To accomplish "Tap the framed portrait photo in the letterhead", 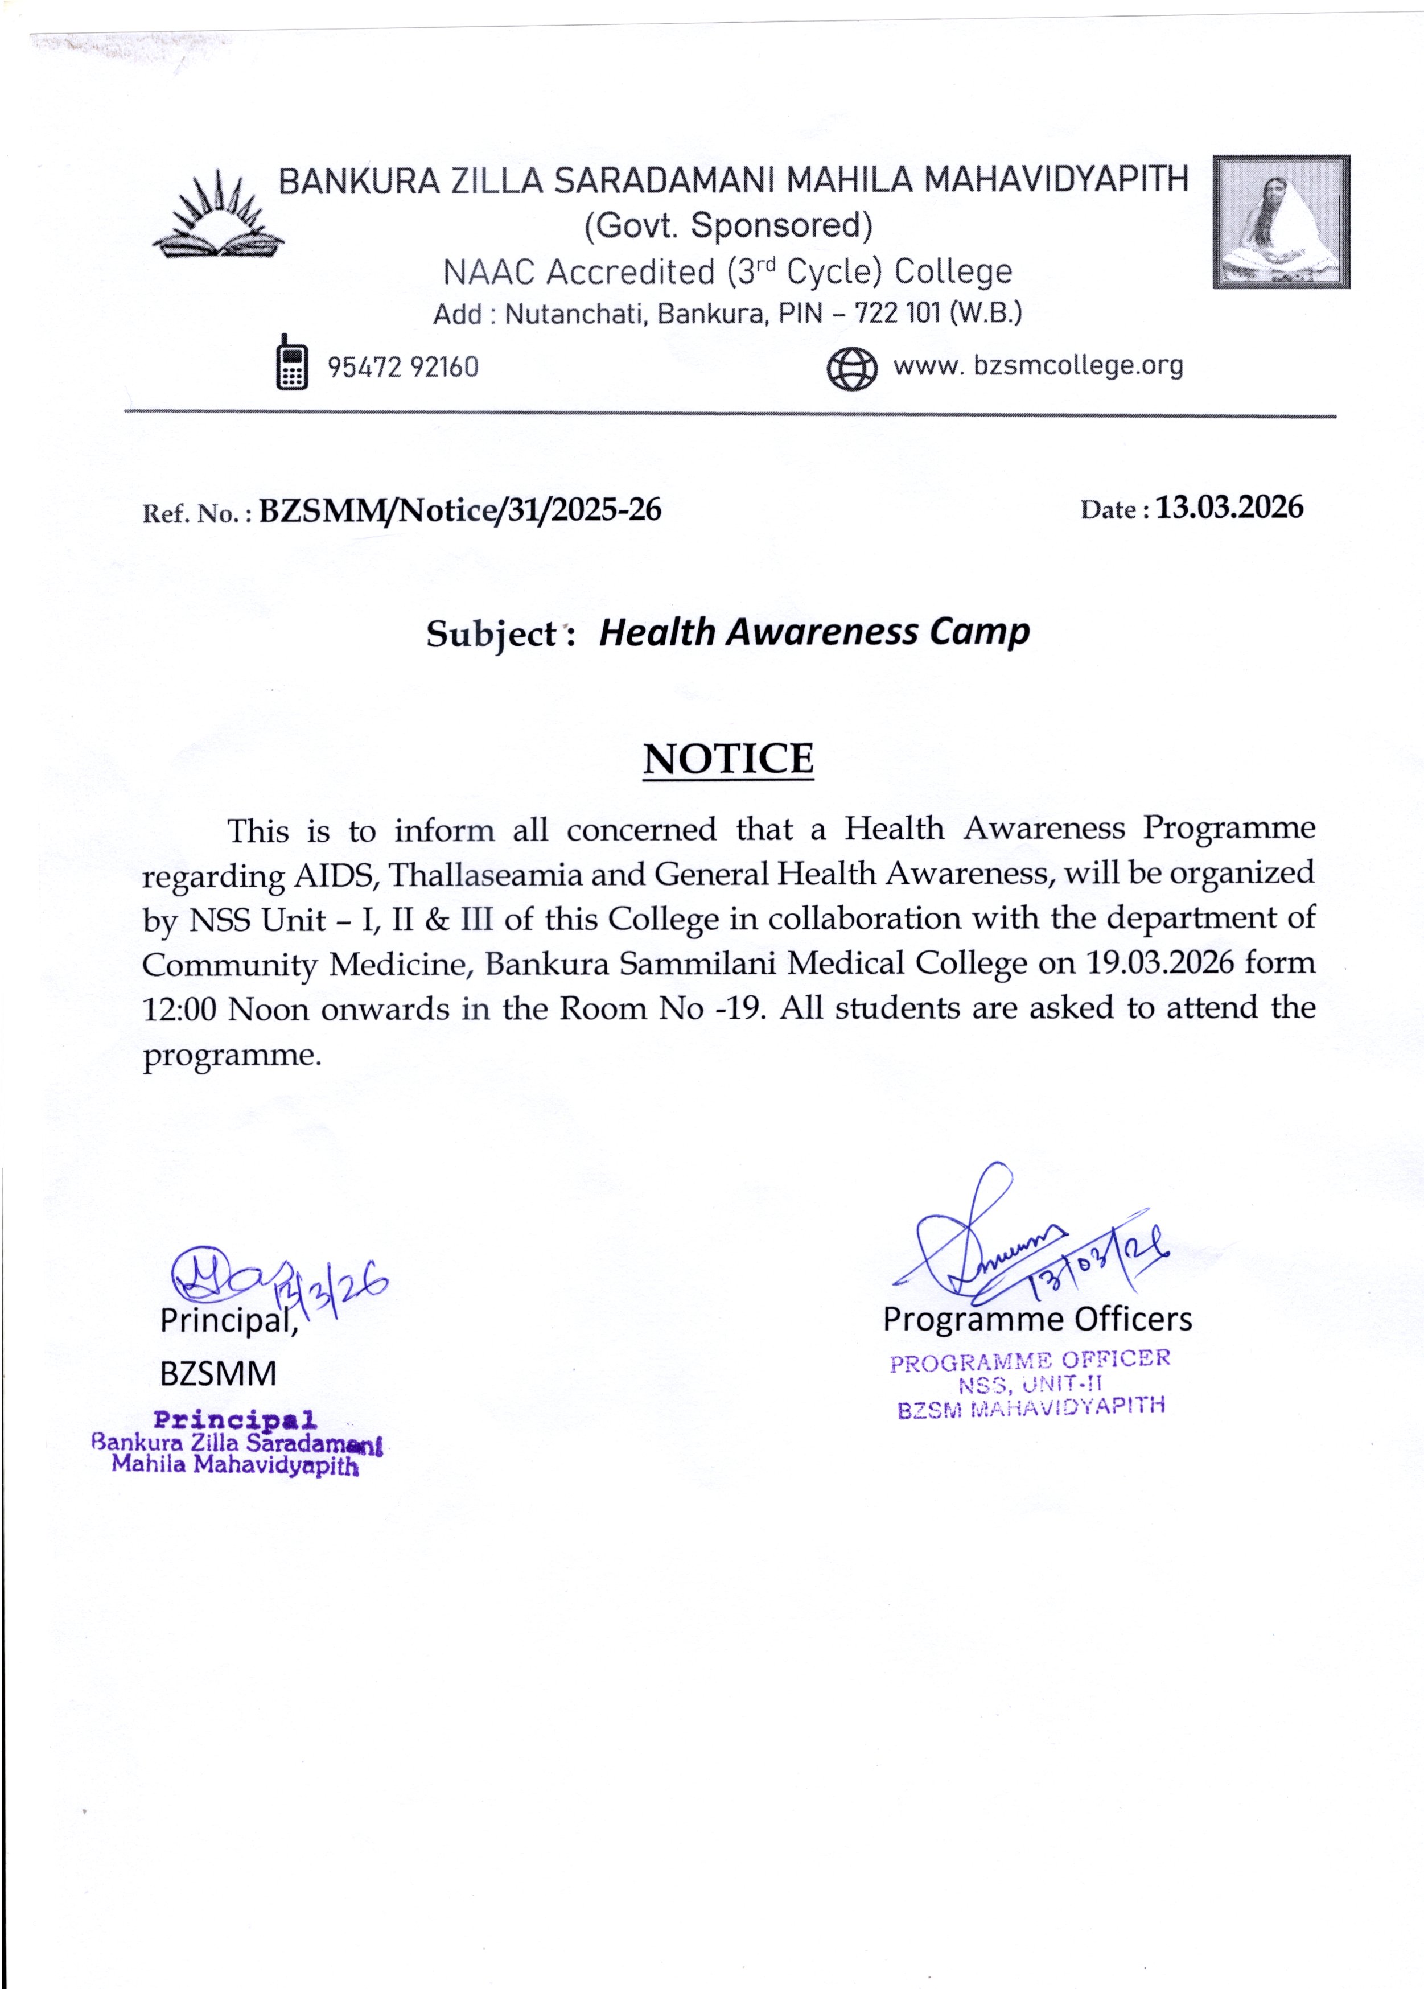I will (x=1281, y=222).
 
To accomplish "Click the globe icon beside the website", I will (x=851, y=368).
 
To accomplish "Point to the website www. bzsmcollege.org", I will (x=1038, y=365).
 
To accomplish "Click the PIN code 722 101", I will (x=899, y=313).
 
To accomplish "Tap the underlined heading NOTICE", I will (x=728, y=759).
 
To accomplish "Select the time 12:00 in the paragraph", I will (x=179, y=1010).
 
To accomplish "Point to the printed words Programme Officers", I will (x=1038, y=1319).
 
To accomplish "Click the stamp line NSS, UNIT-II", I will (x=1030, y=1385).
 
